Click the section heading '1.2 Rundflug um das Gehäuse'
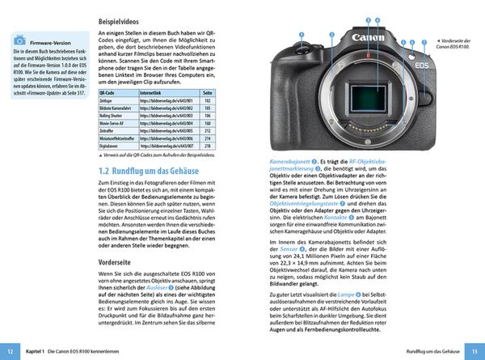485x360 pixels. (151, 172)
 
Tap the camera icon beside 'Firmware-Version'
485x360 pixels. (19, 40)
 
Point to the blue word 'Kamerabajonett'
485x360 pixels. (290, 163)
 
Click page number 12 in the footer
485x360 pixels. (10, 352)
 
